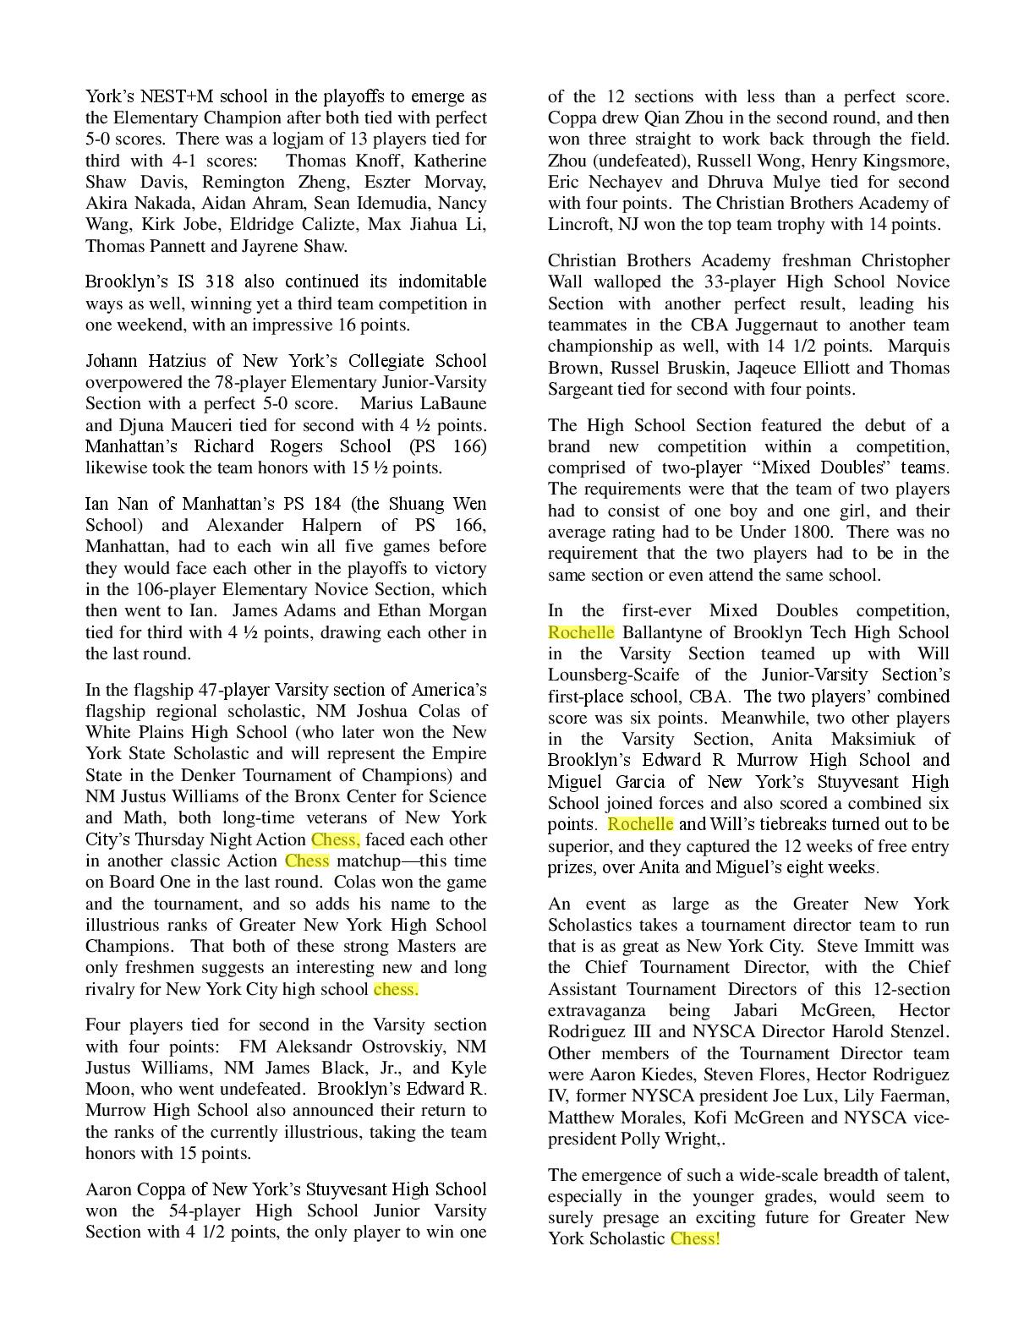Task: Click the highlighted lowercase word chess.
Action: coord(396,989)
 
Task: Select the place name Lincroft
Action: coord(577,224)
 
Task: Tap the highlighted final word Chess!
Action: coord(695,1238)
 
